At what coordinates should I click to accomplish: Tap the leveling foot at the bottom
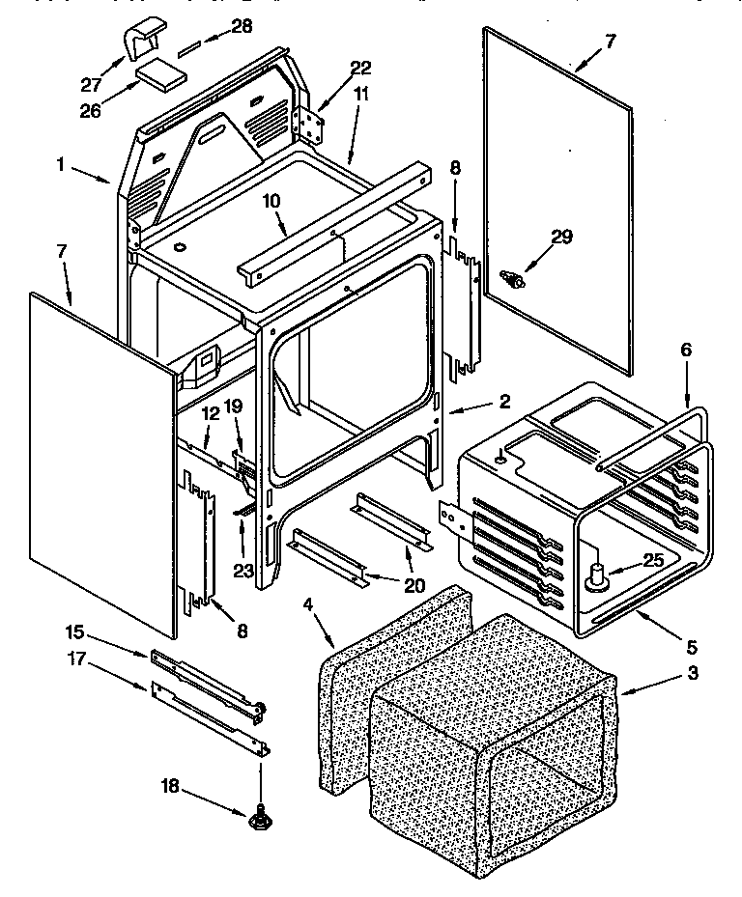pyautogui.click(x=259, y=821)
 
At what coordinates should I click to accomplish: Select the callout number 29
pyautogui.click(x=561, y=236)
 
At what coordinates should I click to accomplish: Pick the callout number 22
pyautogui.click(x=360, y=68)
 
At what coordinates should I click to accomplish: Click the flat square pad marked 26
pyautogui.click(x=159, y=74)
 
